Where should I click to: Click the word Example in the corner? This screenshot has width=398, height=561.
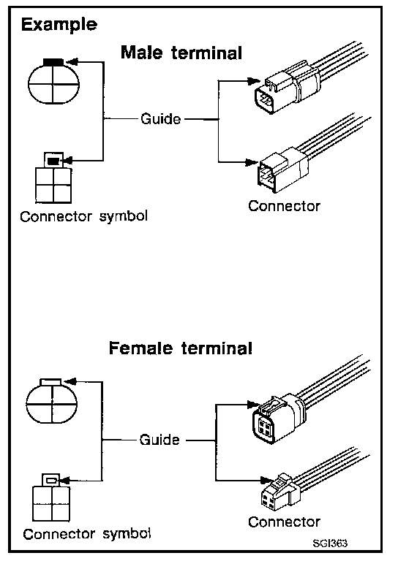coord(59,26)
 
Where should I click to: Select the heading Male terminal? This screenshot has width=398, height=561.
coord(181,53)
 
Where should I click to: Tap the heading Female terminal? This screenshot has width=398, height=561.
coord(181,348)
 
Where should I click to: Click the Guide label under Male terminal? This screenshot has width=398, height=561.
coord(160,119)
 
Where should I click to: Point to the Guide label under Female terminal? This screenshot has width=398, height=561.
coord(159,439)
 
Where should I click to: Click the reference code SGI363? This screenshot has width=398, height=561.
coord(330,543)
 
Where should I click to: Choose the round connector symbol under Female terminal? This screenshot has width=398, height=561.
coord(52,401)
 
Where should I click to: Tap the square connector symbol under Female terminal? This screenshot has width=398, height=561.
coord(51,497)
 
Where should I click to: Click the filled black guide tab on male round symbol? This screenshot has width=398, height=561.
coord(53,62)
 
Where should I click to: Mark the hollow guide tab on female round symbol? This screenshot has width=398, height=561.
coord(51,382)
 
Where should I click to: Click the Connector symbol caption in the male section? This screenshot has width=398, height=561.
coord(84,217)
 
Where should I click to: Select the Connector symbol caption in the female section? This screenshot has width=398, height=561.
coord(86,534)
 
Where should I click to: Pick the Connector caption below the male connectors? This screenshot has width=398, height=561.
coord(284,206)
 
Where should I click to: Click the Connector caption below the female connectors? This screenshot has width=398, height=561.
coord(284,522)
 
